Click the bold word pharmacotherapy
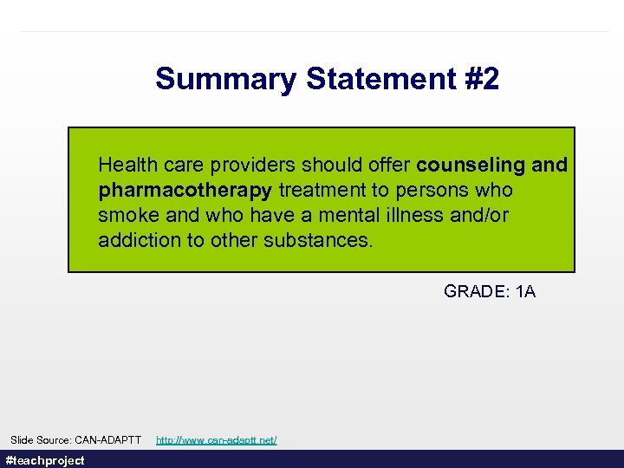click(x=185, y=190)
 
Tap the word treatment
click(x=319, y=190)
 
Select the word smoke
click(x=125, y=215)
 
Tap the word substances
click(x=322, y=240)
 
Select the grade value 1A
click(x=525, y=292)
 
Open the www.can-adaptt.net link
click(x=217, y=440)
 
